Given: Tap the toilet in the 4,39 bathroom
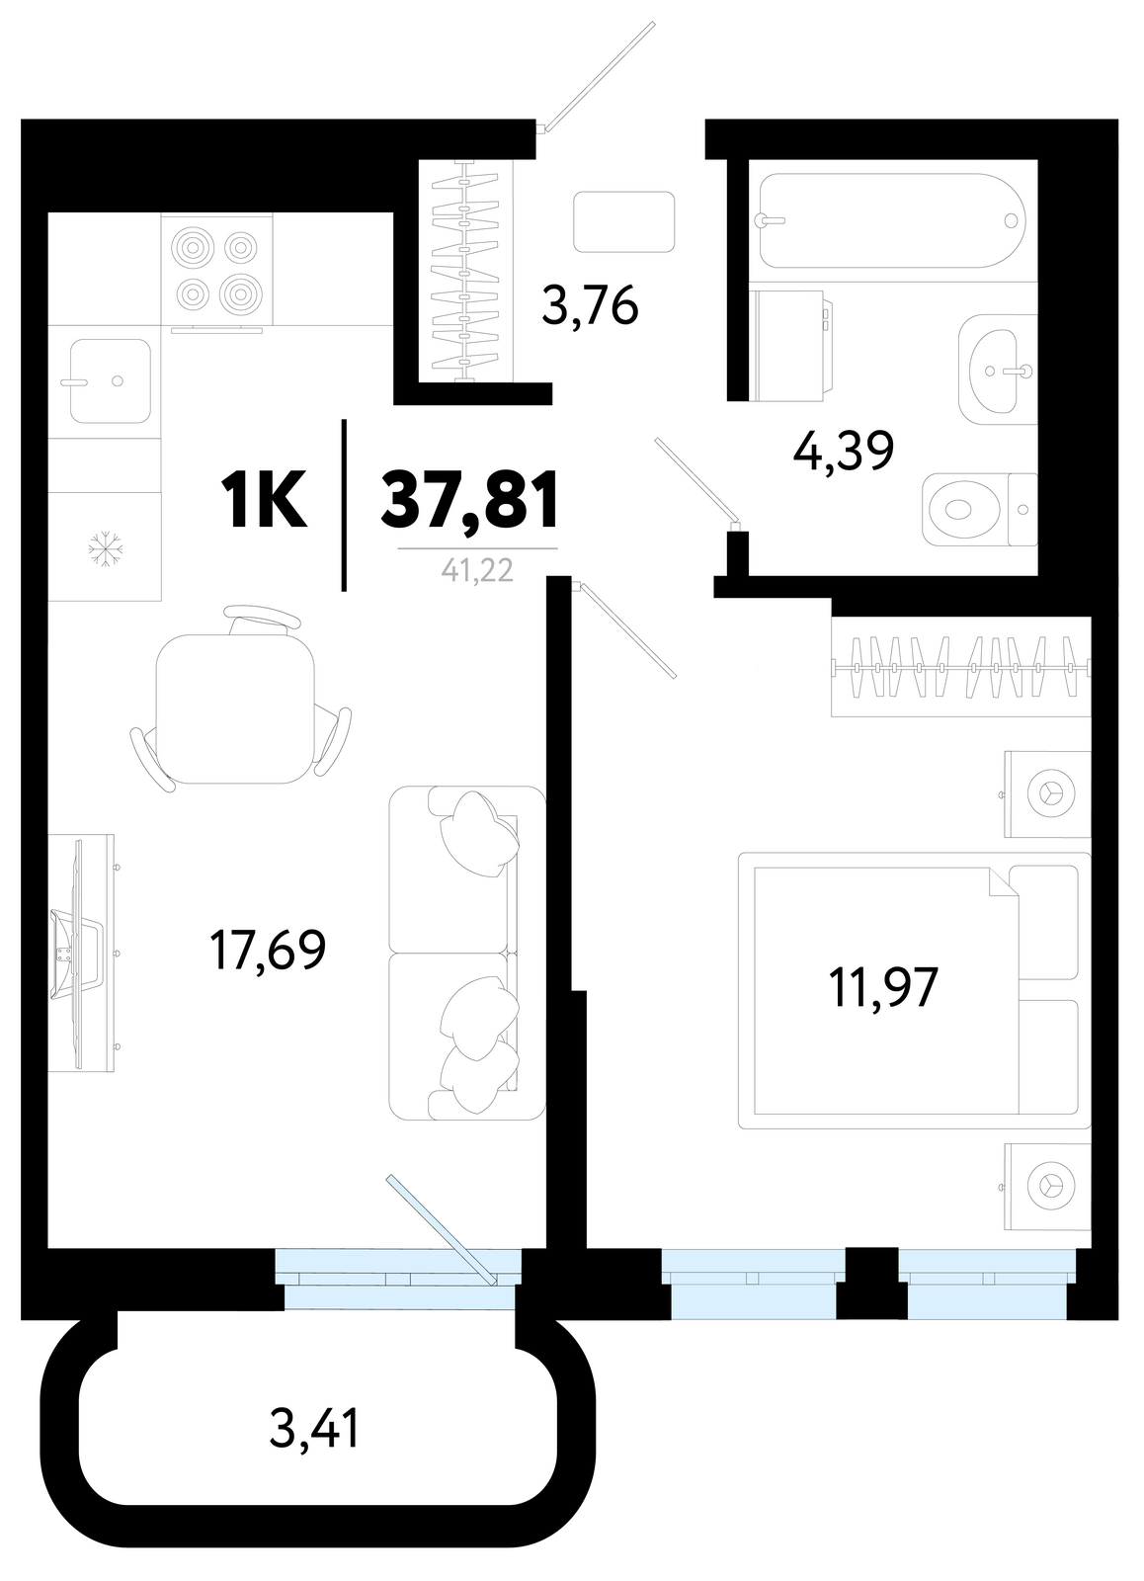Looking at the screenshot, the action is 980,510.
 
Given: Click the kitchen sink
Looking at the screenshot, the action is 110,380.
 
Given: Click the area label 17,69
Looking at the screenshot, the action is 268,950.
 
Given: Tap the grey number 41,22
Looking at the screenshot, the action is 477,569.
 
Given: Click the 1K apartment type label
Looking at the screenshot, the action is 264,500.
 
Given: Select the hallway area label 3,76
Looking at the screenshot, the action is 590,305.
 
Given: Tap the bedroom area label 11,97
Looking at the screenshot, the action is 883,987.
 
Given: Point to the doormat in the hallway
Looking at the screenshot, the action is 624,221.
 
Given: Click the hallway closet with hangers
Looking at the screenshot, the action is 465,272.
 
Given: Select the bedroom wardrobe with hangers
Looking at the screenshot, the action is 961,667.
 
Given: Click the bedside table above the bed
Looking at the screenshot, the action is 1048,794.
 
